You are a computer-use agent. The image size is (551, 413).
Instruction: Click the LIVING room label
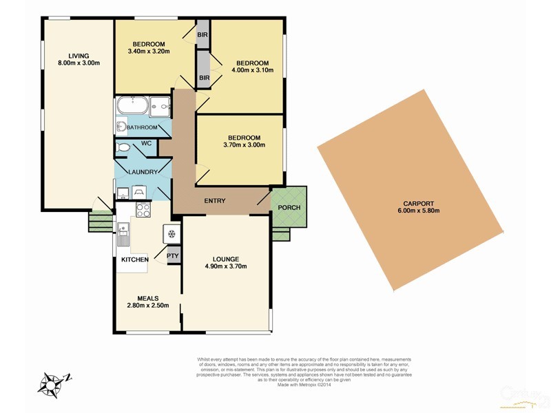(79, 56)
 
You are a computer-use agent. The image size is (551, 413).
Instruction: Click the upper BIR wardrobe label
(203, 34)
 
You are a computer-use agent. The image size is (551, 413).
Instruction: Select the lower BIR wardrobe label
(204, 78)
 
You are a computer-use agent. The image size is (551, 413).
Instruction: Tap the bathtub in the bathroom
(132, 106)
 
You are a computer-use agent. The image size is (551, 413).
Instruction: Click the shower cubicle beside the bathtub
(160, 106)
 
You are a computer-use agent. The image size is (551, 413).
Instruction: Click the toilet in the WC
(124, 147)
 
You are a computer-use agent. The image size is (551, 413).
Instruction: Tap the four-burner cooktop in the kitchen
(143, 210)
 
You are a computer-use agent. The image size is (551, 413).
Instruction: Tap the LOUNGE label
(225, 257)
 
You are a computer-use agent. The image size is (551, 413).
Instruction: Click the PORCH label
(288, 208)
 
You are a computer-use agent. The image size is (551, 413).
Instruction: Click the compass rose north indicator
(52, 383)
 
